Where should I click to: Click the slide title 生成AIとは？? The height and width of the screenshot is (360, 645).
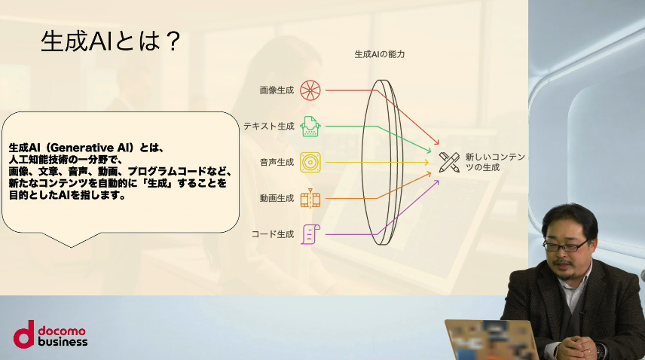[111, 41]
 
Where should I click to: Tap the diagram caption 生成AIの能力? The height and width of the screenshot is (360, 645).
[380, 54]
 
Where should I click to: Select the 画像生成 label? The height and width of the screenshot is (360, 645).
[277, 90]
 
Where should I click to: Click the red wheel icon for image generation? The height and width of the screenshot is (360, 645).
[310, 90]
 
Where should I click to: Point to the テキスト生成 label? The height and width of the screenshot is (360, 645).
[269, 127]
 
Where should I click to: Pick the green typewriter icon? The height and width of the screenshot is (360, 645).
[310, 127]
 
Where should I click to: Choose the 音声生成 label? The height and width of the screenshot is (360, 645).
[277, 163]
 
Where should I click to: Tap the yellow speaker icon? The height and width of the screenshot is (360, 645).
[310, 163]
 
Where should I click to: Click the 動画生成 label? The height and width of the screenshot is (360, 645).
[277, 199]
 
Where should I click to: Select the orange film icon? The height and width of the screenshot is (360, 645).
[310, 198]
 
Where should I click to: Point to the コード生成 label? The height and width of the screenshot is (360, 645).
[273, 234]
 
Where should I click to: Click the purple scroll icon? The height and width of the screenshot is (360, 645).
[310, 234]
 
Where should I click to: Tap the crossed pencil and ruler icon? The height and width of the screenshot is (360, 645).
[449, 163]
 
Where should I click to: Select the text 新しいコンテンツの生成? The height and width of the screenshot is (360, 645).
[495, 162]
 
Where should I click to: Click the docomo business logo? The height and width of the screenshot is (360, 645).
[50, 334]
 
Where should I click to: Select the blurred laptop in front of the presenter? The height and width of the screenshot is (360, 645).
[491, 340]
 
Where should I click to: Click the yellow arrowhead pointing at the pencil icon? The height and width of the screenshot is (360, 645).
[426, 163]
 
